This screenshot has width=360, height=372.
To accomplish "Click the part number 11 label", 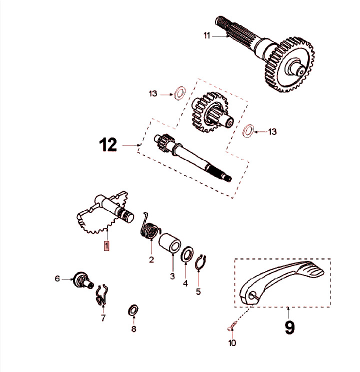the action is pos(207,35).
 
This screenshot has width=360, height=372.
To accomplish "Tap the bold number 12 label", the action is pos(107,145).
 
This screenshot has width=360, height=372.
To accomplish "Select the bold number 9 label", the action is pos(289,327).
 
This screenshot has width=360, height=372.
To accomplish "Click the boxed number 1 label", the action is pos(106,245).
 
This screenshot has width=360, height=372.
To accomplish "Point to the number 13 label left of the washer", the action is pos(153,93).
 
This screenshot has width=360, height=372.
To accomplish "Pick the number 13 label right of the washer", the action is pos(272,132).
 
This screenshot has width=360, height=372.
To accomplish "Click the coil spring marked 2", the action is pos(149,227).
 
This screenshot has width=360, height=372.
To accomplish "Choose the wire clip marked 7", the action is pos(102,295).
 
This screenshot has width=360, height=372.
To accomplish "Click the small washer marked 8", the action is pos(133,310).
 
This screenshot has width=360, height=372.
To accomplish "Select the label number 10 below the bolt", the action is pos(232,343).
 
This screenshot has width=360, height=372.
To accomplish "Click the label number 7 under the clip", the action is pos(103,317).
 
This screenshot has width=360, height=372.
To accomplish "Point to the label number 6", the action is pos(57,278).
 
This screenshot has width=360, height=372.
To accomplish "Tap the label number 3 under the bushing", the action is pos(172,276).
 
